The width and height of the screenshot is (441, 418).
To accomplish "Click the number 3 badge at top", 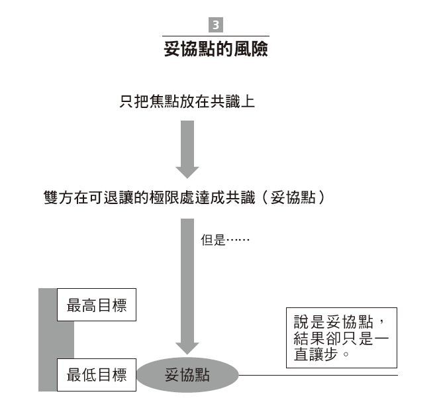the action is click(216, 25).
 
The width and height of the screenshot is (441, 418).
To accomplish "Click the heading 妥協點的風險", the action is click(216, 49).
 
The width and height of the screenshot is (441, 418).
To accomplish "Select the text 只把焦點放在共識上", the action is click(187, 101).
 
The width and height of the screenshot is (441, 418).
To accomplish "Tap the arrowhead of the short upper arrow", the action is click(187, 172).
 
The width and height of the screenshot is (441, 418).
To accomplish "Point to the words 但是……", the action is click(225, 240).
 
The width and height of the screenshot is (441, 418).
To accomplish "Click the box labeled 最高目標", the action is click(97, 305).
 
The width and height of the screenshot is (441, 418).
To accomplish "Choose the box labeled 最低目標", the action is click(97, 375).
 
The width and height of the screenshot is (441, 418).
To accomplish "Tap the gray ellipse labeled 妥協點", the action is click(187, 375).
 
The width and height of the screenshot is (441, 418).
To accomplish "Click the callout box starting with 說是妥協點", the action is click(342, 338).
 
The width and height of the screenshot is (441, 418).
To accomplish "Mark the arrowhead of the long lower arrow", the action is click(187, 348).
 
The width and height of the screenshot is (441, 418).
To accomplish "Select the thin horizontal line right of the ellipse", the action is click(318, 375).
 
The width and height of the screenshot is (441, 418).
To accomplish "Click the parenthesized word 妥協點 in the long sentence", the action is click(293, 197).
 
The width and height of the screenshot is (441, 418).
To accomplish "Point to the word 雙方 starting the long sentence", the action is click(58, 197).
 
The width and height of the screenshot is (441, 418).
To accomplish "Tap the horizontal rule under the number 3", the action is click(216, 36).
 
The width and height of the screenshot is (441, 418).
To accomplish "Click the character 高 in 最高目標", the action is click(89, 305).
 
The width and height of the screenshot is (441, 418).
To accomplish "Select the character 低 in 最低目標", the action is click(89, 375).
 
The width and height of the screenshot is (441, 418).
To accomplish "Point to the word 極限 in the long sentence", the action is click(164, 197).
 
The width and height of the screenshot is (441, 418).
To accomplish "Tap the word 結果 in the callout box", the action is click(309, 338).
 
